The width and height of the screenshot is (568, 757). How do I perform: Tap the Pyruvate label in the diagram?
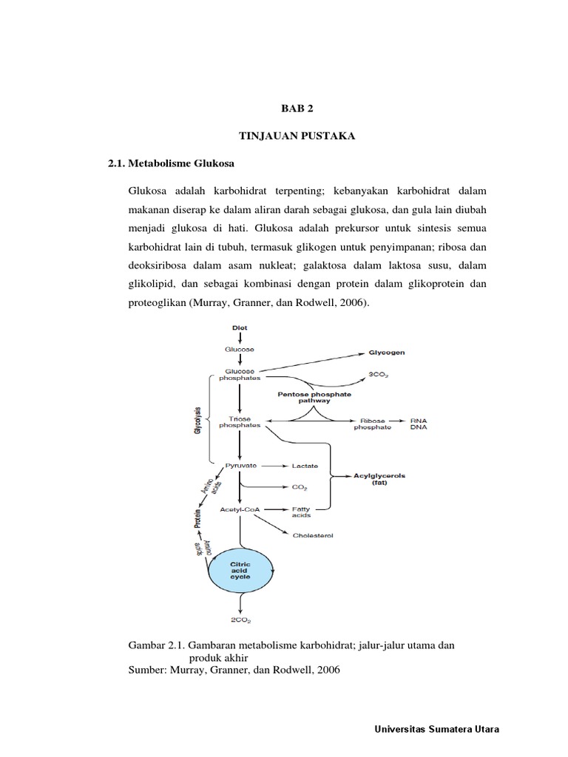pos(239,466)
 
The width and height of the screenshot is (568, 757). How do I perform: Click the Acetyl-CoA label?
pos(239,509)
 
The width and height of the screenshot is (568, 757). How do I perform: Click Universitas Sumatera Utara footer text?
pos(438,729)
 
